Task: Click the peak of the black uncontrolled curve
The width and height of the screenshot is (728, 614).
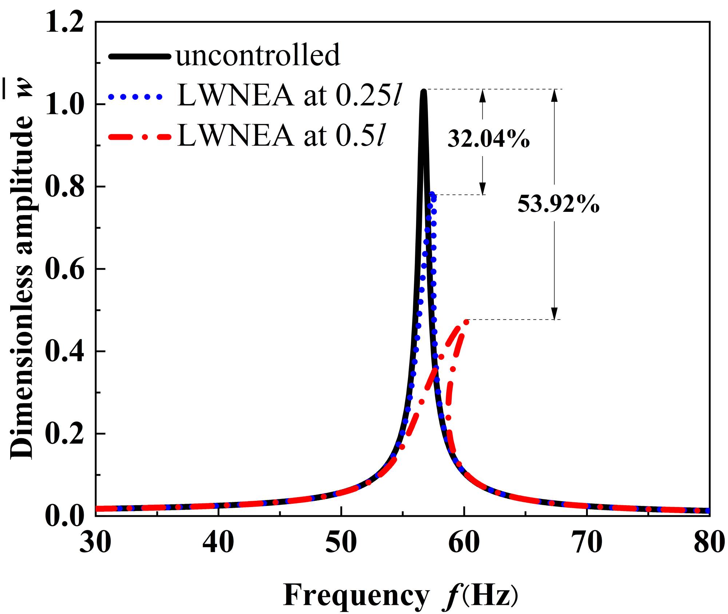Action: coord(423,91)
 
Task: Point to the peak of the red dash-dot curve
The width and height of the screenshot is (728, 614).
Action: coord(466,321)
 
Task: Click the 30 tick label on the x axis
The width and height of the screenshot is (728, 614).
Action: coord(95,543)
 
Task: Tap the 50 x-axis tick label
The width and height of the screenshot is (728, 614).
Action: coord(341,543)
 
